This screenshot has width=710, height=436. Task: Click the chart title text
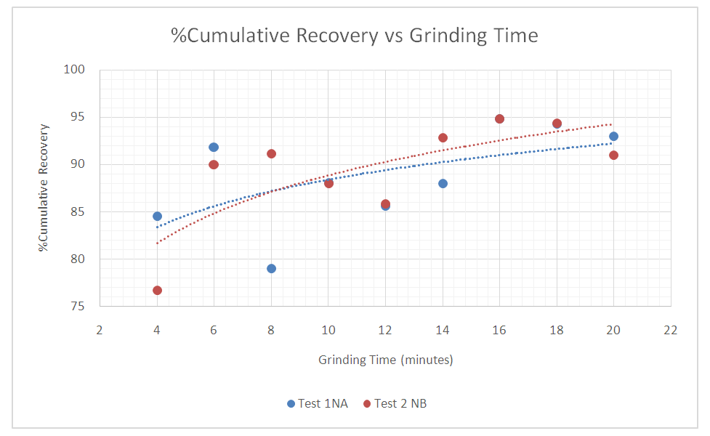click(355, 35)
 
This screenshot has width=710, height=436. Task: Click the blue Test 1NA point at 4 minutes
click(157, 216)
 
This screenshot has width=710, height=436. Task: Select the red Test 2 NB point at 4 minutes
click(157, 290)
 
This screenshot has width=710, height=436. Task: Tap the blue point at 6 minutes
click(214, 147)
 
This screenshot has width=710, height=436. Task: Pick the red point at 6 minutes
click(214, 164)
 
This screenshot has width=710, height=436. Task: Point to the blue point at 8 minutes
click(271, 268)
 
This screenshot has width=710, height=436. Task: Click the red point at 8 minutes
click(271, 153)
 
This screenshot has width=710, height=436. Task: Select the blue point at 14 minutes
click(443, 183)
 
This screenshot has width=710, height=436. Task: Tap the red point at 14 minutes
click(443, 137)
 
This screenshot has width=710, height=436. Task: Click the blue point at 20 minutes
click(613, 136)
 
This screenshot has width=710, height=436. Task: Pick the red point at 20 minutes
click(613, 155)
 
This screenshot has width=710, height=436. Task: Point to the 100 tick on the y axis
click(76, 70)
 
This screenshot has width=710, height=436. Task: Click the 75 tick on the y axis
click(78, 307)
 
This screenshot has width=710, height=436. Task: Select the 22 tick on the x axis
click(670, 329)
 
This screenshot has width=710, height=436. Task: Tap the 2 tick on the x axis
click(100, 329)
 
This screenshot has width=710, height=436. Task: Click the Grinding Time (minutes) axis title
click(385, 360)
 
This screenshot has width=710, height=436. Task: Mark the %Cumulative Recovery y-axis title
click(45, 187)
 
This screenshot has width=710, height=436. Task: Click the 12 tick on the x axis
click(385, 329)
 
